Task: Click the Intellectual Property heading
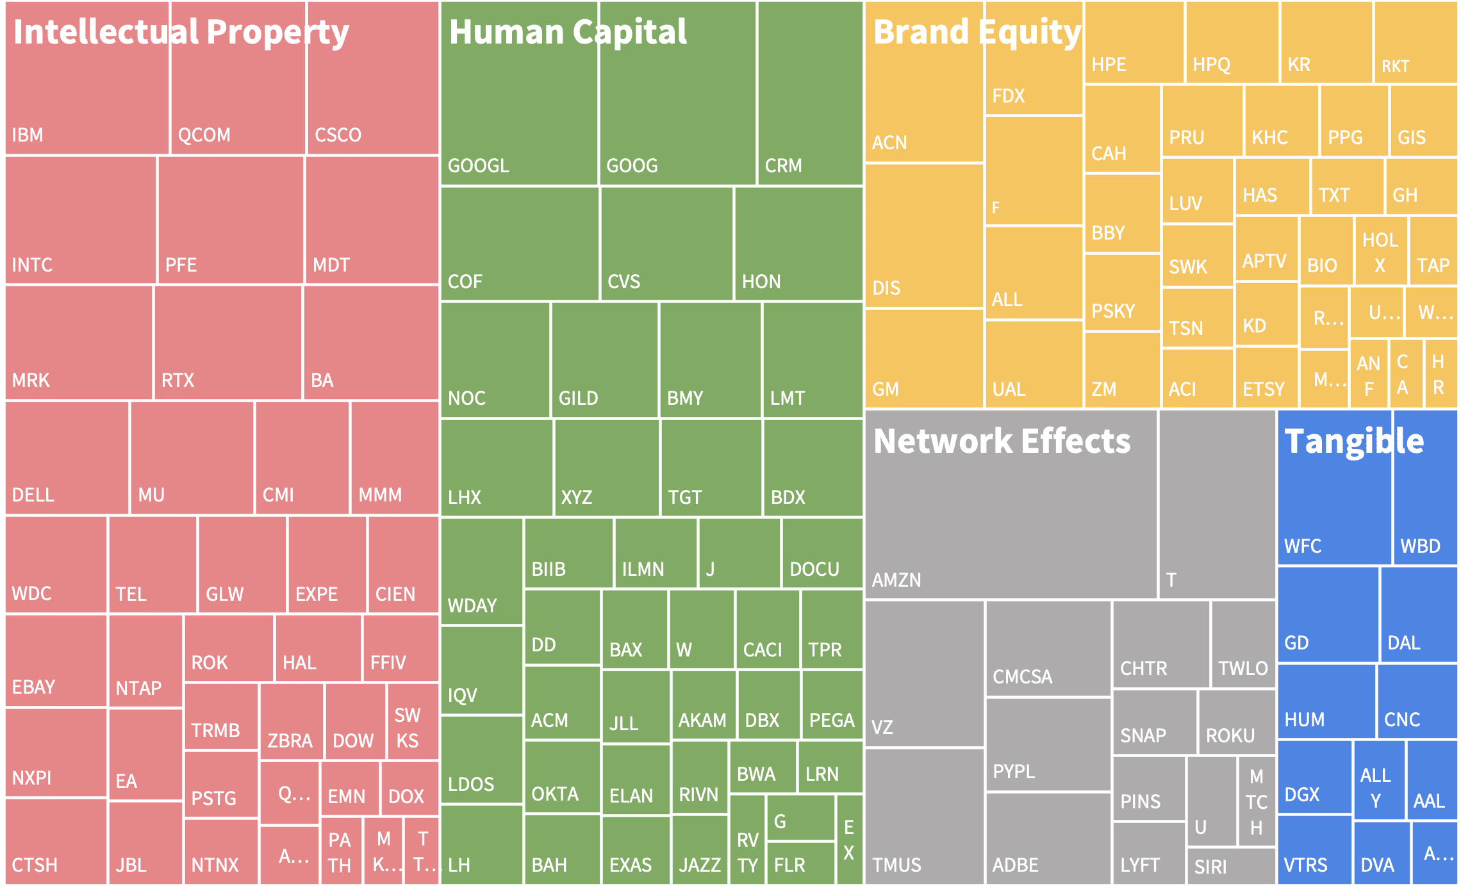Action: [181, 32]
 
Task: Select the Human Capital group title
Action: [568, 32]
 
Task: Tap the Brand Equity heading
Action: [977, 32]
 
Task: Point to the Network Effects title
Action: [1002, 441]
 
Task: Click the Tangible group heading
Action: [1353, 441]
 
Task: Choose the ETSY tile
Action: [1266, 378]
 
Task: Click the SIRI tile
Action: [1230, 866]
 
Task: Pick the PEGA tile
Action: [832, 705]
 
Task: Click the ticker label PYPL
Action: [1014, 771]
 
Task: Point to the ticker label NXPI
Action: [32, 778]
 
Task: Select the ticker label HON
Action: [761, 282]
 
